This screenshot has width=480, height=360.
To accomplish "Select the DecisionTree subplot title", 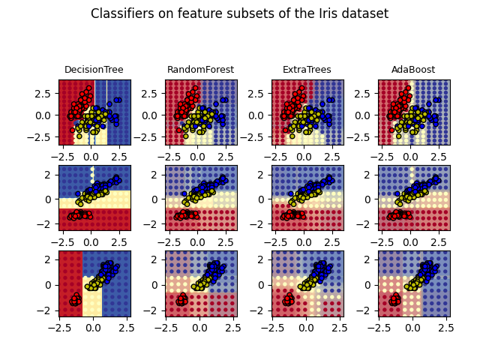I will pos(94,70).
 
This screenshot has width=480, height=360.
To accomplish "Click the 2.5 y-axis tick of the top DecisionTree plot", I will pos(46,94).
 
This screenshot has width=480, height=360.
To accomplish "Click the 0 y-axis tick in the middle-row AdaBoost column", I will pos(370,199).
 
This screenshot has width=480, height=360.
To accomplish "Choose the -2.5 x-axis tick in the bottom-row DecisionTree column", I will pos(61,328).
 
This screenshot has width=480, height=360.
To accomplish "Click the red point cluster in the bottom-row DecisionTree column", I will pos(75,301).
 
